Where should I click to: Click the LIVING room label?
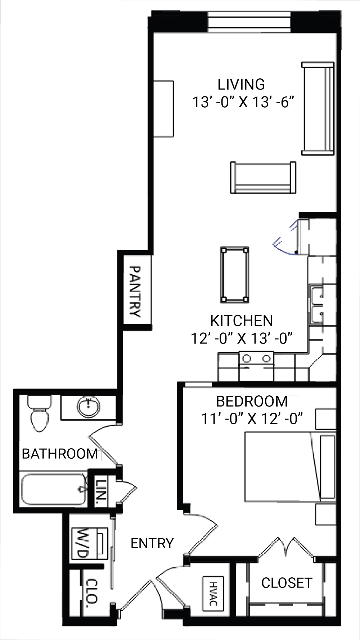pos(241,84)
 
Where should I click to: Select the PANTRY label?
pos(134,291)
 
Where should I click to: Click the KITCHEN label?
pos(241,321)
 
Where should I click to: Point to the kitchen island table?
pos(235,274)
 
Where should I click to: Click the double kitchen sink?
pos(317,305)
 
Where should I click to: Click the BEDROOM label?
pos(252,401)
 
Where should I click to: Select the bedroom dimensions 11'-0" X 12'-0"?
pos(252,419)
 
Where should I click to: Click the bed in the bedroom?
pos(284,467)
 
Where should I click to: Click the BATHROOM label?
pos(60,454)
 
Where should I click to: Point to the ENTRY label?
pos(152,543)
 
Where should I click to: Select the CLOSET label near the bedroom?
pos(287,583)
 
